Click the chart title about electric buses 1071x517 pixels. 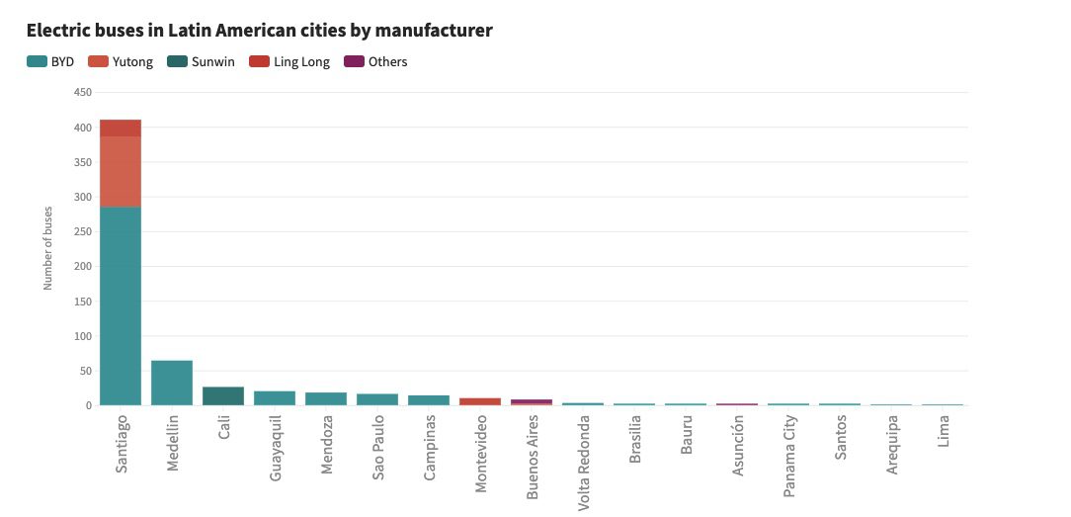(x=259, y=31)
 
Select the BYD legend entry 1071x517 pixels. (x=51, y=61)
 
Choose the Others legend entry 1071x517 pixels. (x=376, y=61)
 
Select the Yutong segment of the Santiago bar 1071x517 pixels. (x=121, y=171)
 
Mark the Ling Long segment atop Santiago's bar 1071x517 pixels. (x=121, y=128)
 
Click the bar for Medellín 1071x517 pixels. (x=172, y=383)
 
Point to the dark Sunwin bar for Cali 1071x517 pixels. (x=223, y=395)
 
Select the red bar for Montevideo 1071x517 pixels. (x=480, y=401)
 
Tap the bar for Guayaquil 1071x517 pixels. (x=275, y=397)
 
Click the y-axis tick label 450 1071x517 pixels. (x=82, y=93)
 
